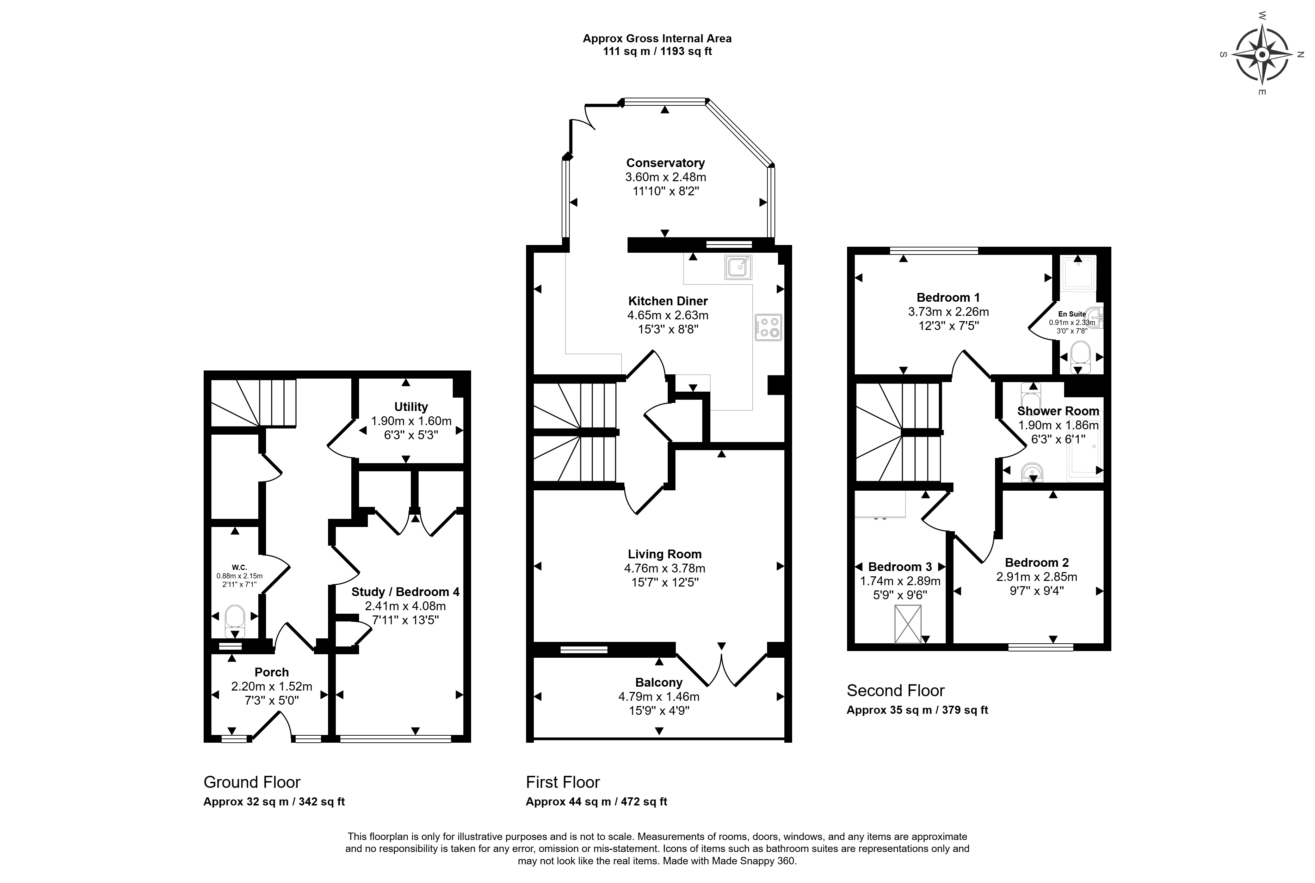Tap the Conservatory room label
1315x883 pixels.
665,163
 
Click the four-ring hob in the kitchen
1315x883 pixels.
768,327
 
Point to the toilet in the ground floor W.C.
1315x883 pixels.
235,621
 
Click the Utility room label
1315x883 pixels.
411,406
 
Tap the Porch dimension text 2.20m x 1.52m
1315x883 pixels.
271,686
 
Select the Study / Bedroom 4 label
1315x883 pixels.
405,592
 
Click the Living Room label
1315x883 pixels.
665,554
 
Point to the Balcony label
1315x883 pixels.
659,682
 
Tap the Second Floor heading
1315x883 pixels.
896,691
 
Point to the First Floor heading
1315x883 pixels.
563,782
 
